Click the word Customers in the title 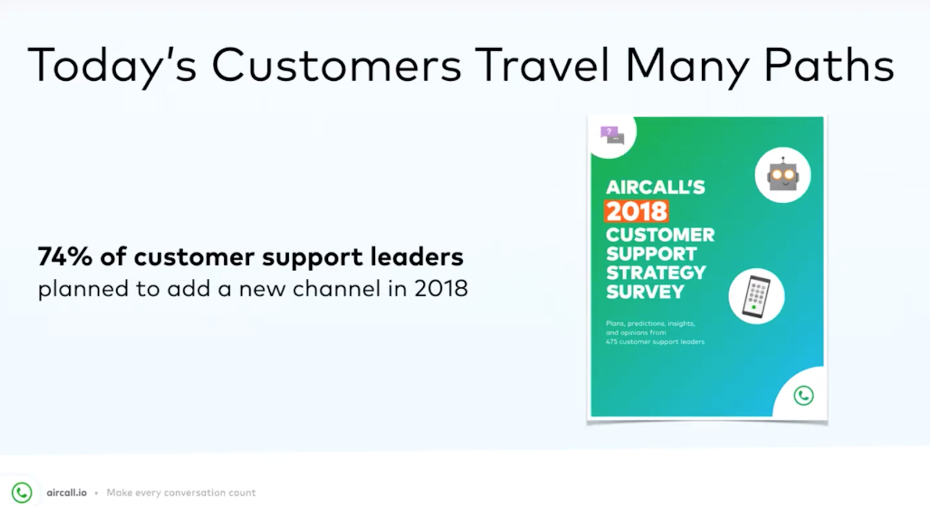337,65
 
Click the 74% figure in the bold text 65,256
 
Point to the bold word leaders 417,256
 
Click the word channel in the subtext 337,288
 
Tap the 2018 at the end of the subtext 441,289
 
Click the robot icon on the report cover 782,175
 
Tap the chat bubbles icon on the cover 612,135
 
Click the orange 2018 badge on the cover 636,211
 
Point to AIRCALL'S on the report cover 655,188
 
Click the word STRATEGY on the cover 656,272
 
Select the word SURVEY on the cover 645,292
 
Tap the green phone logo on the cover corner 804,395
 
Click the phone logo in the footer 22,492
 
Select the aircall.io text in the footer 67,493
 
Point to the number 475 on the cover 611,342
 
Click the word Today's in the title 112,65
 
